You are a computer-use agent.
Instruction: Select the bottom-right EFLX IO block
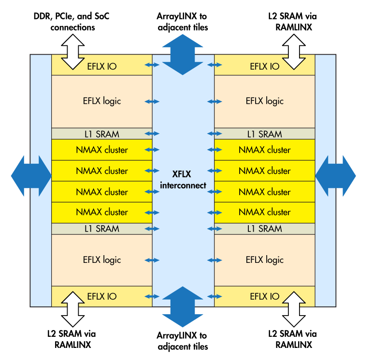coord(265,296)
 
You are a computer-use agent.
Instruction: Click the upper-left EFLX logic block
coord(102,101)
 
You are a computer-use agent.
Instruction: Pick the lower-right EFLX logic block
coord(265,259)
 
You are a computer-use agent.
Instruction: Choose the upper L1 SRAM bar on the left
coord(102,134)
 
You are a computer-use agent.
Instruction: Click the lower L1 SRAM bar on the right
coord(265,229)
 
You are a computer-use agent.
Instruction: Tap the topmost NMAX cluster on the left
coord(102,150)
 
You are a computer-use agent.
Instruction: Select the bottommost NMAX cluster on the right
coord(265,212)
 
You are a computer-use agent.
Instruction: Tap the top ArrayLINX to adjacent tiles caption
coord(183,22)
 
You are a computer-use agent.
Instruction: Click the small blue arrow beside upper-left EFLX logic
coord(152,101)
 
